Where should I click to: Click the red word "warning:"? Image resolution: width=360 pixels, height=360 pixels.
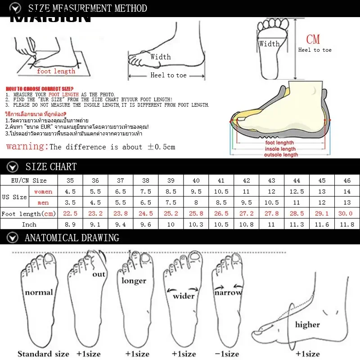tap(27, 146)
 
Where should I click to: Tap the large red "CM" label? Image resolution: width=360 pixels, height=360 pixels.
tap(313, 39)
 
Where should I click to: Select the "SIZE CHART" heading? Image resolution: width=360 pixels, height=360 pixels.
tap(51, 167)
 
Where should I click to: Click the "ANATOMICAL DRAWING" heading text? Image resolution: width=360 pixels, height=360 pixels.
tap(72, 238)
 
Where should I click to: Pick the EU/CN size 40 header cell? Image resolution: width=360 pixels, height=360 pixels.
tap(196, 180)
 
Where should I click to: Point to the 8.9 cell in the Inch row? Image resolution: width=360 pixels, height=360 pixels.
tap(70, 224)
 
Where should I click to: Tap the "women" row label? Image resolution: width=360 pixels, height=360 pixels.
tap(43, 192)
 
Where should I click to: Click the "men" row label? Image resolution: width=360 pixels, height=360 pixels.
tap(43, 202)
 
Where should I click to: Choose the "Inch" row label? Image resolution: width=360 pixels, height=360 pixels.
tap(29, 224)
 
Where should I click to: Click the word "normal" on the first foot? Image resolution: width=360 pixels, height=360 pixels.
tap(39, 292)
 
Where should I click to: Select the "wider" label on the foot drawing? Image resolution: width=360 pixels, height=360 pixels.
tap(184, 296)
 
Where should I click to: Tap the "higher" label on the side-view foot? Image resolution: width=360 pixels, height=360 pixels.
tap(307, 324)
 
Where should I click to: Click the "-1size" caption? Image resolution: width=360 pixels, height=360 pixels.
tap(227, 354)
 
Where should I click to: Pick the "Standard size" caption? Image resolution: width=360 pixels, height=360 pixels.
tap(43, 354)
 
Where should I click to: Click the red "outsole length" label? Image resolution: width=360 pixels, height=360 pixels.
tap(281, 155)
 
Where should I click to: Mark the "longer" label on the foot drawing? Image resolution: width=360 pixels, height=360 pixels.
tap(134, 281)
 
